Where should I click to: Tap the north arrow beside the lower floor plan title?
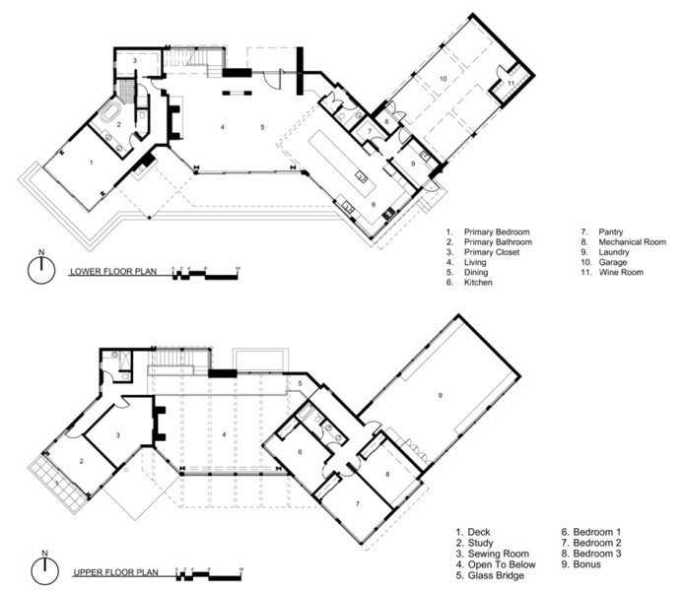40,271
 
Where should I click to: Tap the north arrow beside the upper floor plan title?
40,570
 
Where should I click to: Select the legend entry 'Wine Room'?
621,272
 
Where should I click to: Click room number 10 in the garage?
444,78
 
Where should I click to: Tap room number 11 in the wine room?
511,83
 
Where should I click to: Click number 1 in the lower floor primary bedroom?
92,161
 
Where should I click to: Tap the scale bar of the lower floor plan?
205,271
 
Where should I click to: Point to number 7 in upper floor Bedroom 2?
359,503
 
